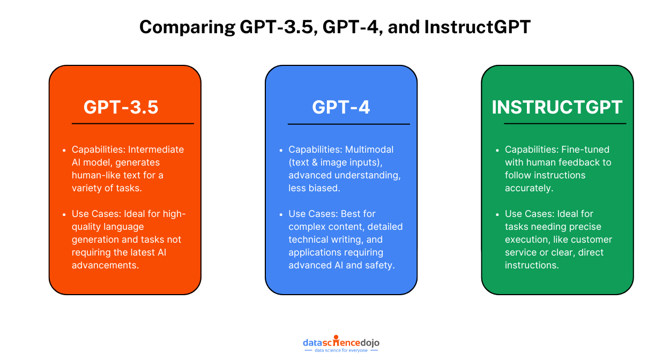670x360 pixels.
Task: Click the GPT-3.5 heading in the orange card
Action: [x=121, y=107]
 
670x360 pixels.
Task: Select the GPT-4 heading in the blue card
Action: [x=341, y=107]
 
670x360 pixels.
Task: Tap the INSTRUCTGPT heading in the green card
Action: [x=557, y=107]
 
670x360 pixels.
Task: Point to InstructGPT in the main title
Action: [x=477, y=27]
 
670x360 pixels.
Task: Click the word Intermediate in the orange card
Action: [x=156, y=149]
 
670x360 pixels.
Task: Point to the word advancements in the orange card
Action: [x=106, y=265]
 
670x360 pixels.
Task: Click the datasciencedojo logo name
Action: [x=341, y=342]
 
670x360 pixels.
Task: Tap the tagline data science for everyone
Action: [x=341, y=350]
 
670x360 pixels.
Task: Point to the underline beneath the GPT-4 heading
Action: [x=348, y=124]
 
